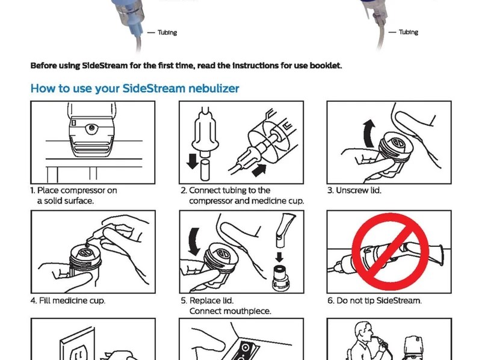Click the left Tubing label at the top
coord(167,33)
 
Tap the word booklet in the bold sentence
coord(326,65)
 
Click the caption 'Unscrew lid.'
coord(354,190)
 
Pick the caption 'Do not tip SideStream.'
coord(374,300)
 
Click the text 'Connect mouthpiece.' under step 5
coord(229,311)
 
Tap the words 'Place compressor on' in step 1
coord(77,190)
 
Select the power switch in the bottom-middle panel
coord(246,349)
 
